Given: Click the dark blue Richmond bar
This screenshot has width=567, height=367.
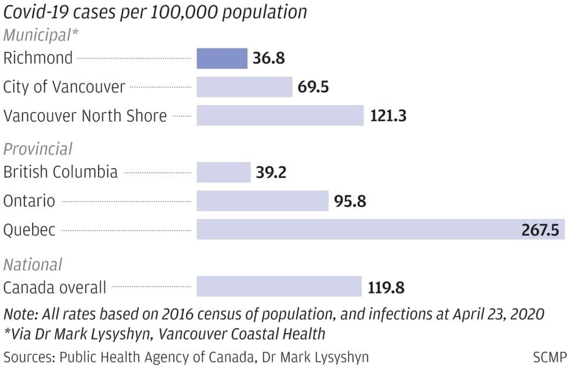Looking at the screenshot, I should point(222,58).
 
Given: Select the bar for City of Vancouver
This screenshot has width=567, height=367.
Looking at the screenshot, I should point(244,87).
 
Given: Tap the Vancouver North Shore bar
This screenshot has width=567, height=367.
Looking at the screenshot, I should point(280,115).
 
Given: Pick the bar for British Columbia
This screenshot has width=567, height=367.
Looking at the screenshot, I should point(224,172).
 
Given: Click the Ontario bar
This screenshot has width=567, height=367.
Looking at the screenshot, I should point(262,201).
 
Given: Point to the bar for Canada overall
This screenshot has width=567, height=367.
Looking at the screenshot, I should point(279,287).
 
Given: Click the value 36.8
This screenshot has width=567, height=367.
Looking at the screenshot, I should point(269,58).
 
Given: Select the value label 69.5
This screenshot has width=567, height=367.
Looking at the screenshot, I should point(313,87).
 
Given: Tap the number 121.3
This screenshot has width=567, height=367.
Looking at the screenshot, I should point(388,116).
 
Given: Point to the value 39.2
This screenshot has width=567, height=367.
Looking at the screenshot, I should point(271,172).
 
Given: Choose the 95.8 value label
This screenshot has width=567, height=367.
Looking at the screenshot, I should point(350,201).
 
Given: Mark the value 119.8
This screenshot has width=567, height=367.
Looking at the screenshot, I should point(386,288).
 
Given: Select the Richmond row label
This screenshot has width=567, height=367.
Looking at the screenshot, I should point(38,58).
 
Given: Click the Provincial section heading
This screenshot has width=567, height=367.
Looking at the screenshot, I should point(38,149).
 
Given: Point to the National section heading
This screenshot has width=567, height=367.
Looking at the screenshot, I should point(33,264).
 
